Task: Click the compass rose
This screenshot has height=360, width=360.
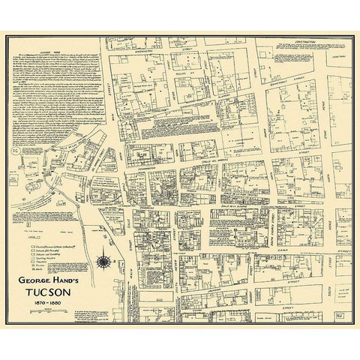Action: pyautogui.click(x=103, y=261)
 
